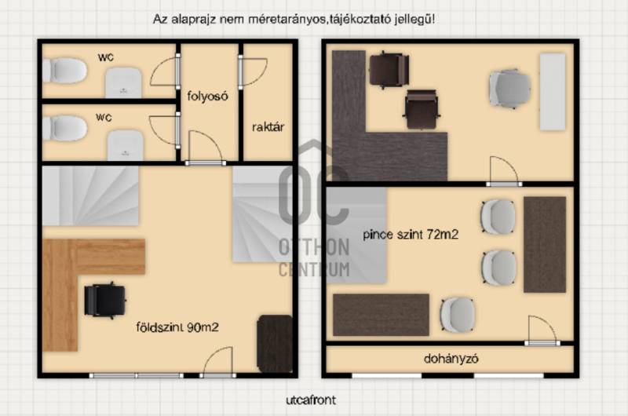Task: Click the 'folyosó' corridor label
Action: (x=207, y=96)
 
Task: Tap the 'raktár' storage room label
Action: (x=268, y=127)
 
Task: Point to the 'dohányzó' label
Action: (x=451, y=359)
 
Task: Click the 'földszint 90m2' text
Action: (x=177, y=327)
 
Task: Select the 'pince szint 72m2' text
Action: (x=411, y=234)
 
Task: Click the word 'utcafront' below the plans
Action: (x=311, y=400)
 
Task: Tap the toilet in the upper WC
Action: (x=65, y=71)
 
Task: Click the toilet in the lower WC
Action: (x=65, y=128)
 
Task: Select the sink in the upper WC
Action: (x=123, y=83)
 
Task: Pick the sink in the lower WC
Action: (x=126, y=146)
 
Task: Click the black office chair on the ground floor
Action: (x=105, y=301)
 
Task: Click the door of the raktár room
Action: (x=252, y=72)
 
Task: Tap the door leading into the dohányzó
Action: (x=542, y=330)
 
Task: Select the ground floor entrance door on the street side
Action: (x=218, y=363)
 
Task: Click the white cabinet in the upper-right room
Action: (x=553, y=92)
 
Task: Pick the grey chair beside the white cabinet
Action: (x=509, y=89)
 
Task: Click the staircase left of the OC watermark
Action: (x=90, y=196)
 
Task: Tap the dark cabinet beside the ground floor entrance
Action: (x=275, y=344)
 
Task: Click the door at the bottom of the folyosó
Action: (x=205, y=148)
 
